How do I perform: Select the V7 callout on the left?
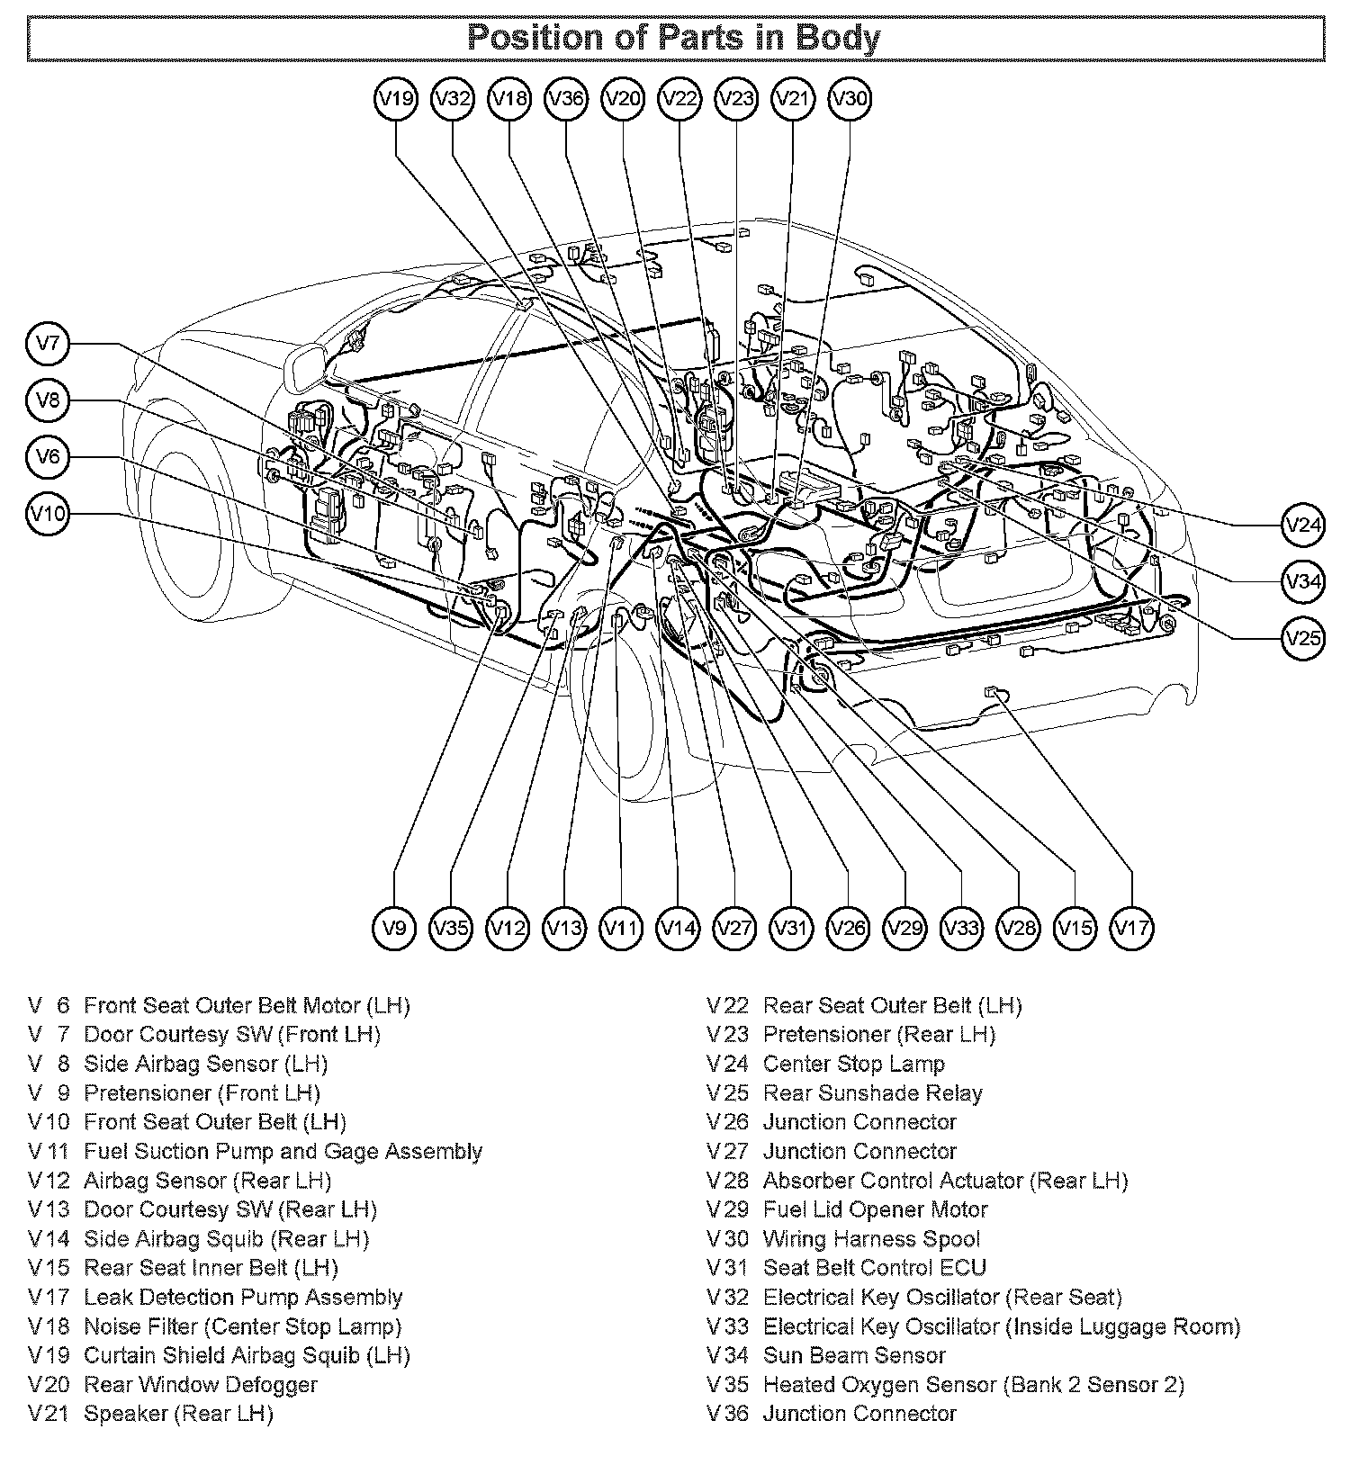point(48,344)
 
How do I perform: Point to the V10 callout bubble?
point(48,514)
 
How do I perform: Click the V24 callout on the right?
point(1303,525)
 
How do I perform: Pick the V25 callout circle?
point(1303,638)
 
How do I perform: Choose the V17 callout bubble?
point(1131,927)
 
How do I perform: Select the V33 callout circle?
point(962,927)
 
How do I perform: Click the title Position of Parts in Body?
point(674,38)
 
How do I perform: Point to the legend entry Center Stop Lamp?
point(854,1064)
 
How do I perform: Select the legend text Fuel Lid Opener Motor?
point(876,1209)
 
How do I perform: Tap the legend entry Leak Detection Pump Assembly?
point(243,1298)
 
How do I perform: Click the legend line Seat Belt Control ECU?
point(875,1268)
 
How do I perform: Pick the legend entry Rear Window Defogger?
point(201,1385)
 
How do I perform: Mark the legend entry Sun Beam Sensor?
point(855,1355)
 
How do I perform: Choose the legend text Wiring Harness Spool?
point(871,1239)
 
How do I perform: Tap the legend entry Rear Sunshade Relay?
point(873,1093)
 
